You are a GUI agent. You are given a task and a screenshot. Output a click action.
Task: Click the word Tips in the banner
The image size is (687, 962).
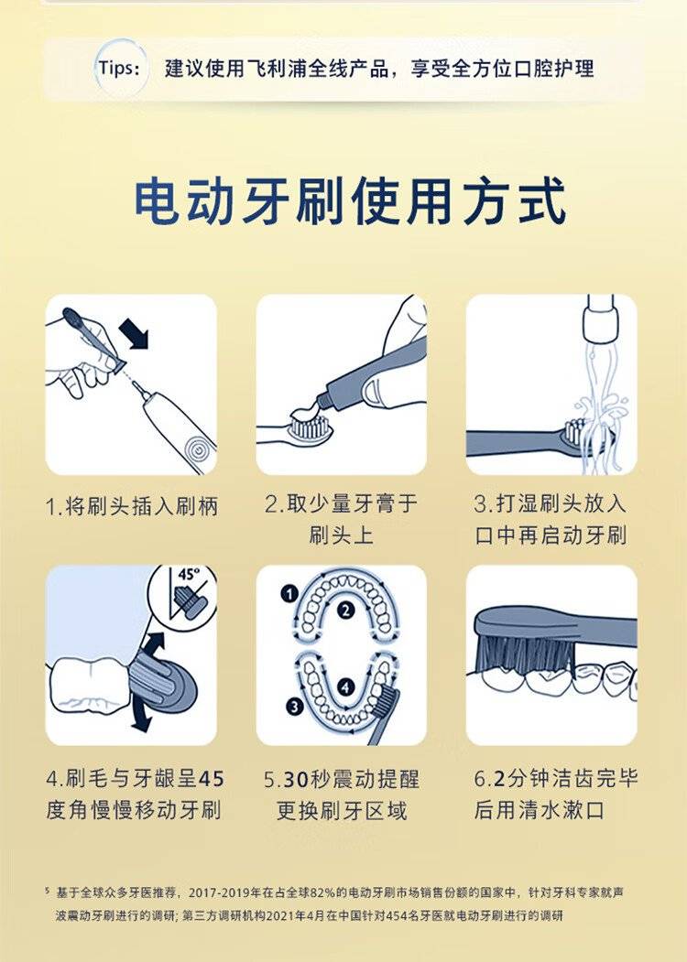pos(119,68)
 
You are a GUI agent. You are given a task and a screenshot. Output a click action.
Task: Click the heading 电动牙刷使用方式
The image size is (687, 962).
pos(349,201)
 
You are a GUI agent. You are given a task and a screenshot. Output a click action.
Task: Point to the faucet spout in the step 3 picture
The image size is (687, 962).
pos(599,319)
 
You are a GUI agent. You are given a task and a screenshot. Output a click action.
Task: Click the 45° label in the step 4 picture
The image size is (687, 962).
pos(189,575)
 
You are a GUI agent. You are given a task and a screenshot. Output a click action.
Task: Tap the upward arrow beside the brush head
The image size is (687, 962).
pos(154,646)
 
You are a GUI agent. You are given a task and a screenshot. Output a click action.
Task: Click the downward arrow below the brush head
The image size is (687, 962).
pos(140,716)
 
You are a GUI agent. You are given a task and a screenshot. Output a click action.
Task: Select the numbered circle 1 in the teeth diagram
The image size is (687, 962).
pos(289,594)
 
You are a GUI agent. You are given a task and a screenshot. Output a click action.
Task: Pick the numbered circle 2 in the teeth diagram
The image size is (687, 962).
pos(346,610)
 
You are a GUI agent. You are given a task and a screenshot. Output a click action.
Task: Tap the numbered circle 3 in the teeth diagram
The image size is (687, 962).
pos(295,706)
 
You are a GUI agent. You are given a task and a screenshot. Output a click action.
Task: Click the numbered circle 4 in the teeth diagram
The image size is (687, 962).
pos(346,687)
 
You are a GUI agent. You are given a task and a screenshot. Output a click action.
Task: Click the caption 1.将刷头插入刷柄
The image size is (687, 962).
pos(131,507)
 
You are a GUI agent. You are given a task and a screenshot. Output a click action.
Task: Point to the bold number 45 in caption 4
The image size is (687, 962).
pos(212,779)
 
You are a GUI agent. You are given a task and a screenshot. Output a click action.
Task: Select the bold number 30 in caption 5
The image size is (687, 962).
pos(295,780)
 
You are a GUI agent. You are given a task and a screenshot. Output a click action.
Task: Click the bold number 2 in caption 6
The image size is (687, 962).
pos(499,779)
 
